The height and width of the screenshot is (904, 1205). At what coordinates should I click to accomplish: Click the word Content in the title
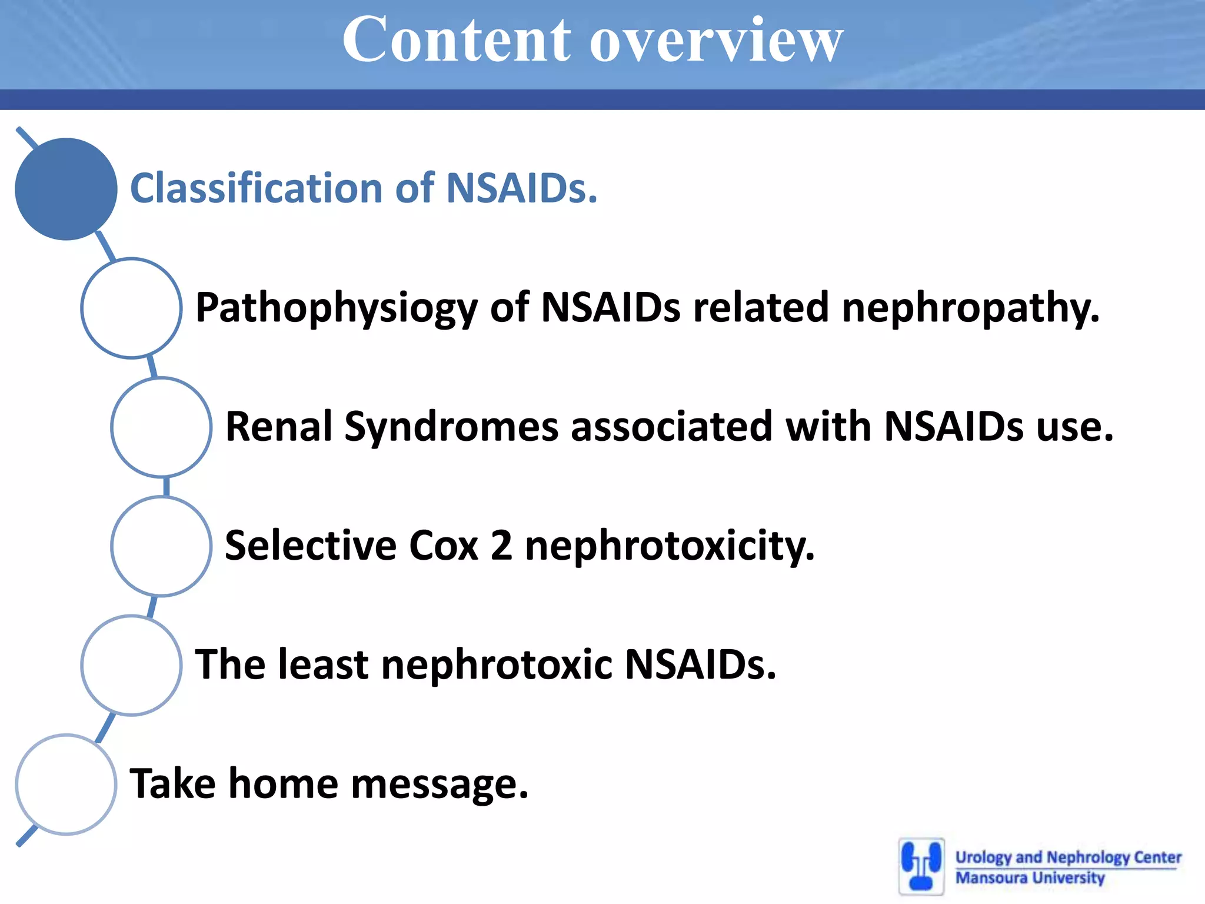tap(457, 40)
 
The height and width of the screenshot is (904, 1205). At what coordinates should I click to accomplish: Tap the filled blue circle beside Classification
tap(66, 189)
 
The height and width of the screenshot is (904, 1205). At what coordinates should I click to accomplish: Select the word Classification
tap(257, 188)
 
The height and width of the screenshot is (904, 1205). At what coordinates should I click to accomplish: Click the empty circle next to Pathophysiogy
tap(131, 308)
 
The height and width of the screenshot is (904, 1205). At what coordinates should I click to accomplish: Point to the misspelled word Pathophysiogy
tap(336, 308)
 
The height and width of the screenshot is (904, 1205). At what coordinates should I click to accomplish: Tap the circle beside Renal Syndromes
tap(161, 427)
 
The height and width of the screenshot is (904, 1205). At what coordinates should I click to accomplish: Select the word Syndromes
tap(451, 427)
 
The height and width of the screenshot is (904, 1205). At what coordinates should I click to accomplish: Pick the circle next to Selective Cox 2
tap(161, 546)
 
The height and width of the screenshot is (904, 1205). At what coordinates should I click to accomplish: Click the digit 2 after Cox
tap(501, 546)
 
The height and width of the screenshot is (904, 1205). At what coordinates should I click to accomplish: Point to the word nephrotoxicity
tap(670, 546)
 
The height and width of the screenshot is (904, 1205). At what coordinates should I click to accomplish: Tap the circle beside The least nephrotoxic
tap(131, 665)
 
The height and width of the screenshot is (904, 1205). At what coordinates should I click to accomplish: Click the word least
tap(322, 664)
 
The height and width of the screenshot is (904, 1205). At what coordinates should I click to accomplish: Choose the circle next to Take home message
tap(66, 785)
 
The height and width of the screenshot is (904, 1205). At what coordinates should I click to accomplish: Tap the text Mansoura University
tap(1030, 878)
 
